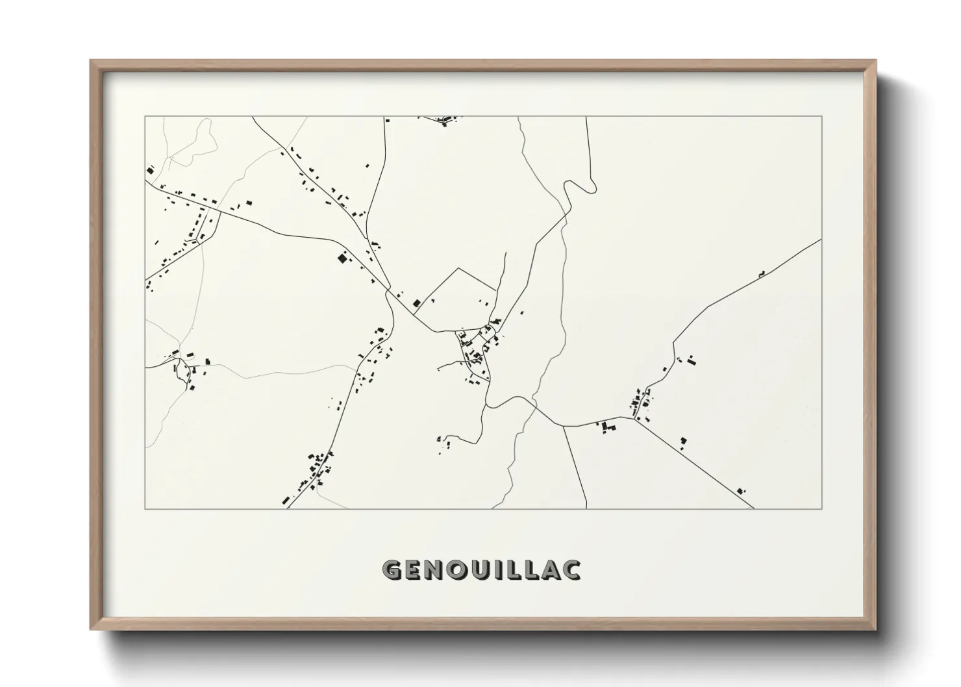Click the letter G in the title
click(x=393, y=569)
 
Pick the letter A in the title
click(x=550, y=569)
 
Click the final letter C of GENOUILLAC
click(x=571, y=569)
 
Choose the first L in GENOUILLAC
click(x=518, y=569)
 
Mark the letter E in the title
click(x=417, y=569)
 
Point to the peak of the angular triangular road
click(x=458, y=268)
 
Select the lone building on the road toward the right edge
click(x=761, y=275)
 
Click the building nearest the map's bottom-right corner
click(x=742, y=491)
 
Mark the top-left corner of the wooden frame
click(x=91, y=60)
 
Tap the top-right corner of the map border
click(x=821, y=116)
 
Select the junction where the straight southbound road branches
click(x=563, y=427)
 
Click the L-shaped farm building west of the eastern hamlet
click(x=608, y=427)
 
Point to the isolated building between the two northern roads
click(x=368, y=166)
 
